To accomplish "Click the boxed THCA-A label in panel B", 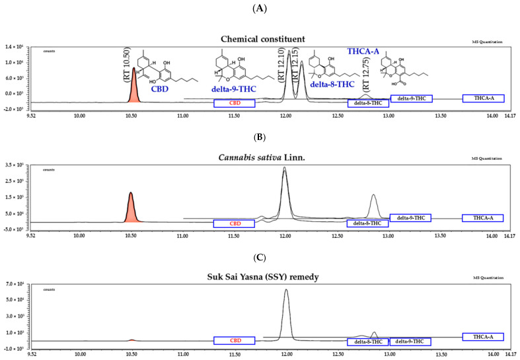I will tap(482, 218).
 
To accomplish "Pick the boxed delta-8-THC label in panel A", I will tap(368, 103).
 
